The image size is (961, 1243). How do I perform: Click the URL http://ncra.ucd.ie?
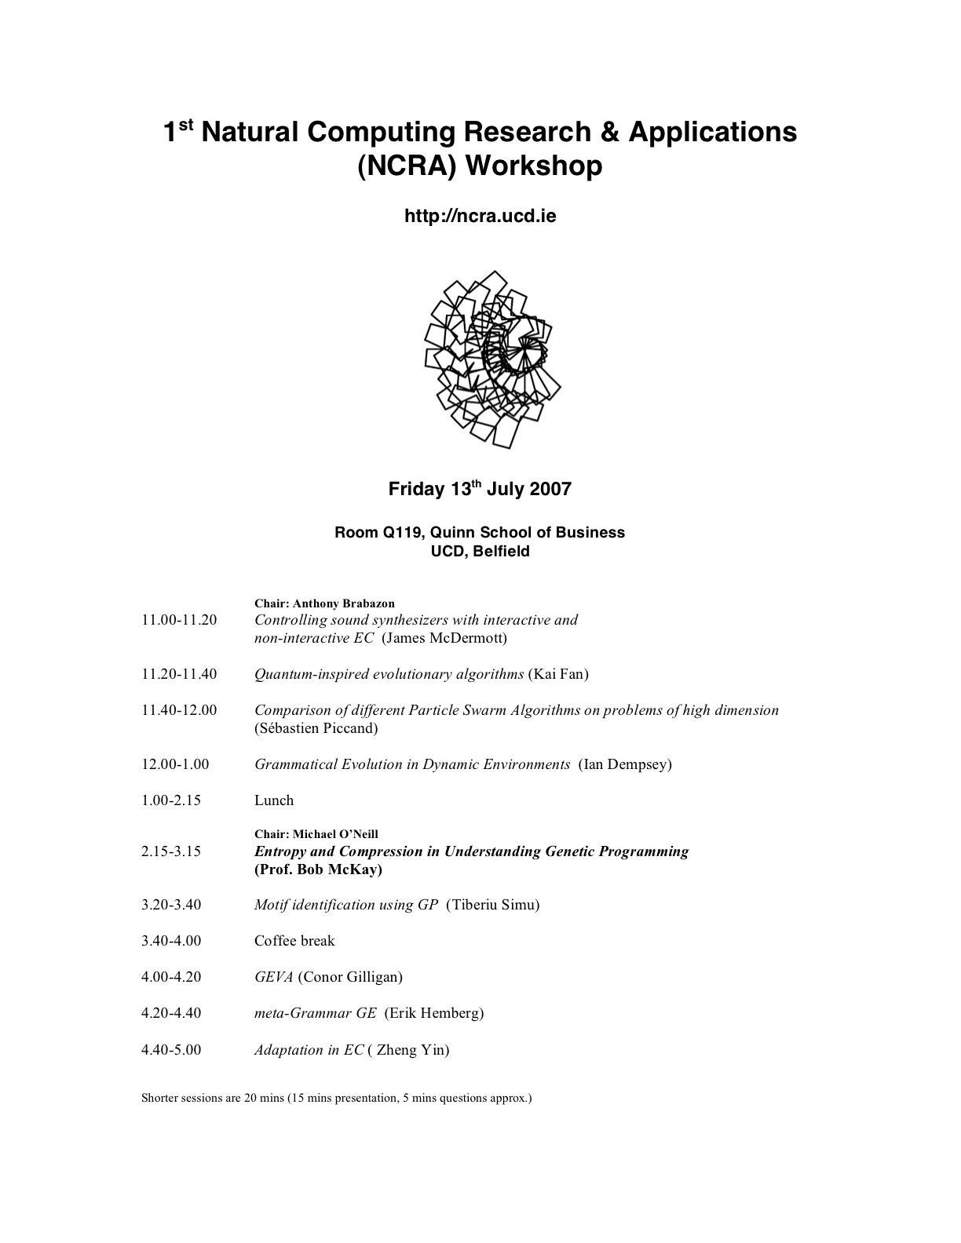pos(480,216)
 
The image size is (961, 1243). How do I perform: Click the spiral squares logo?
pos(491,359)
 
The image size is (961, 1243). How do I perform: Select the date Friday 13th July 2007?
pos(480,490)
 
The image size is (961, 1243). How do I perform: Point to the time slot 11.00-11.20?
pos(179,620)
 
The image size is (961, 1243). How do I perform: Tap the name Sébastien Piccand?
pos(316,728)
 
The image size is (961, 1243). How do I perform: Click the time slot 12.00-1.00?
pos(175,764)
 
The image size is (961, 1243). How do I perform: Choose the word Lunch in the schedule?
pos(274,800)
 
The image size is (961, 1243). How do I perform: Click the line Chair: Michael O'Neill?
pos(316,834)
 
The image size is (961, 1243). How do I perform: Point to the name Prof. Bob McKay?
pos(318,869)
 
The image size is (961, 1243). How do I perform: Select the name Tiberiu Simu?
pos(493,905)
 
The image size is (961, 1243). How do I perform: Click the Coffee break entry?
pos(294,941)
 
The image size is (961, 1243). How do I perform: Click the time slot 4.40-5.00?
pos(171,1050)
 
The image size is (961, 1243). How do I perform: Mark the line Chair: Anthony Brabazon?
pos(324,603)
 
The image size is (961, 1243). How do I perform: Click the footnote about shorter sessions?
pos(337,1098)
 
